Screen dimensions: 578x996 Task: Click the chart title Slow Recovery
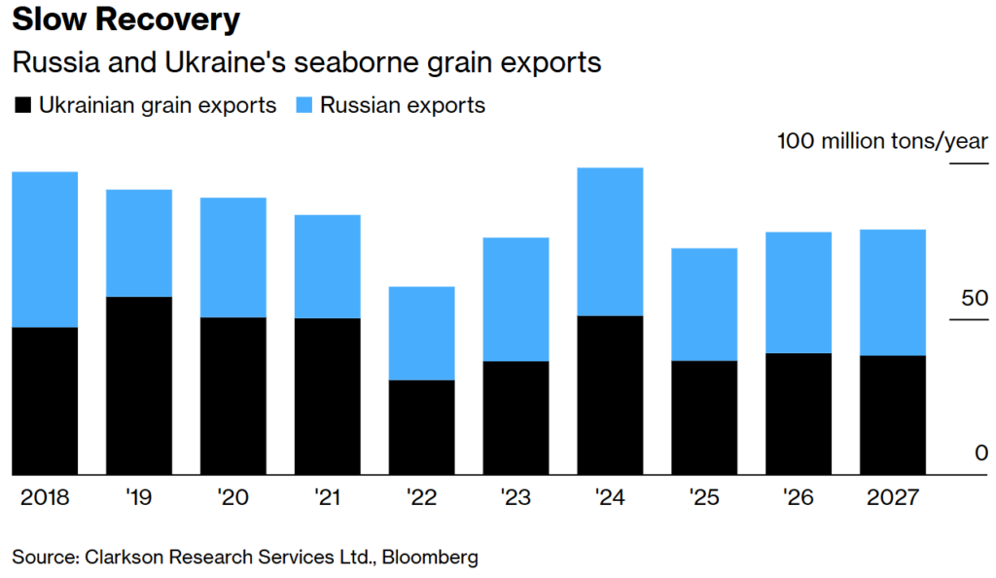126,19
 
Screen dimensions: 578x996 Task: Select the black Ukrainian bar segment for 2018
45,401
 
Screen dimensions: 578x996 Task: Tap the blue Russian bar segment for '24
610,241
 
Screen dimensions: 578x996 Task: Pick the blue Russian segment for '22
421,333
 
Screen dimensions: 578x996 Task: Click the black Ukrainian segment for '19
139,385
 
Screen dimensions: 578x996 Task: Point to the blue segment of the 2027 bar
893,292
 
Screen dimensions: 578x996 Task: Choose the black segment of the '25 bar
704,417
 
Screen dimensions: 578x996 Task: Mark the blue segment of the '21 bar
327,266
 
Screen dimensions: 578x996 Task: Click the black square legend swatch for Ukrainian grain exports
22,105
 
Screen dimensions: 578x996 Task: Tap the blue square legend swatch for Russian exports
302,105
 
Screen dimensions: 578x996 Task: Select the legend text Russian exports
403,105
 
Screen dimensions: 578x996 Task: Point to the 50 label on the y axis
974,298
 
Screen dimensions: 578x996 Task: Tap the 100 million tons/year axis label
882,141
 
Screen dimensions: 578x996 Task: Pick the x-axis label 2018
45,497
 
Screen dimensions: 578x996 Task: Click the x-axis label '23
516,497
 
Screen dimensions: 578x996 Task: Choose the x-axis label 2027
893,497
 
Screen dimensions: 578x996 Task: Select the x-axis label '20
232,497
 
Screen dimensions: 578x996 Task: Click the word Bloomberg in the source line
429,558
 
